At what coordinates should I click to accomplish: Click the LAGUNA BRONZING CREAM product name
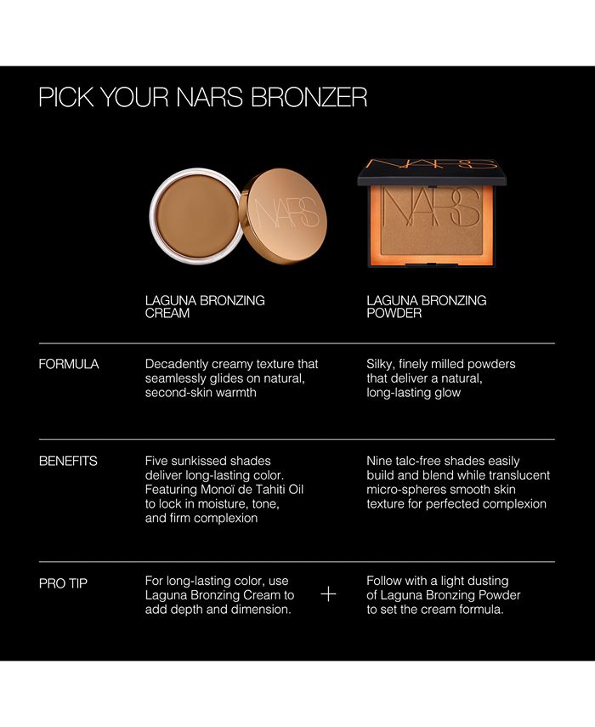(205, 307)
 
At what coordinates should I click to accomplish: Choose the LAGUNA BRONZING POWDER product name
(427, 307)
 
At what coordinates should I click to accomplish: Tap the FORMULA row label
(69, 364)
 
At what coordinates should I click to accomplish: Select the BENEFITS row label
(68, 461)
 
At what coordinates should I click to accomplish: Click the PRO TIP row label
(65, 583)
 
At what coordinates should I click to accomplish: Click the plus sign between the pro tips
(329, 594)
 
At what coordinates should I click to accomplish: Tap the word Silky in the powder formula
(382, 364)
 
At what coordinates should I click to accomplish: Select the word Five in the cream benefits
(158, 461)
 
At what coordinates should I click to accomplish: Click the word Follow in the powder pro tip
(385, 581)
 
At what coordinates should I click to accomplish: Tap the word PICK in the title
(64, 97)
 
